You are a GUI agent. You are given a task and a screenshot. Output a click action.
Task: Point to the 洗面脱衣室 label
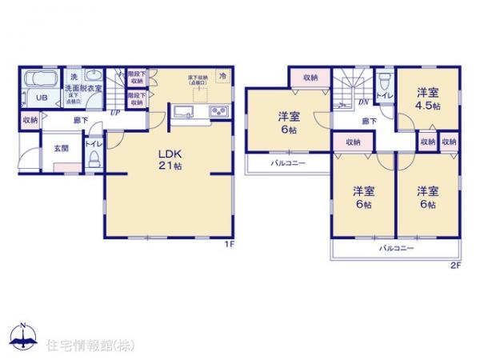click(83, 88)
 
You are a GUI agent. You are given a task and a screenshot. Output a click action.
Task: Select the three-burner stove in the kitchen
click(218, 111)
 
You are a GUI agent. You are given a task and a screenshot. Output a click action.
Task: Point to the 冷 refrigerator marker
click(223, 75)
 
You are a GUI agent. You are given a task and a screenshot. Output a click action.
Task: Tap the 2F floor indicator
click(458, 265)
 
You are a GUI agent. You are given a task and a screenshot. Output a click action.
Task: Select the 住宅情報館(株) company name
click(90, 346)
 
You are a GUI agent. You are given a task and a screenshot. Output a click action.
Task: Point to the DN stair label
click(362, 102)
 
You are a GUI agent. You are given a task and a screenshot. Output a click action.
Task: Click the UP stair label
click(117, 112)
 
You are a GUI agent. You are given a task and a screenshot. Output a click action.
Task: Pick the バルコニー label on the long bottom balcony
click(396, 249)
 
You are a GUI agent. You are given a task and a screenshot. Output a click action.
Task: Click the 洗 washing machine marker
click(73, 76)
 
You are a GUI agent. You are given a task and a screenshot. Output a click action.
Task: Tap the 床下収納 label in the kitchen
click(197, 78)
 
